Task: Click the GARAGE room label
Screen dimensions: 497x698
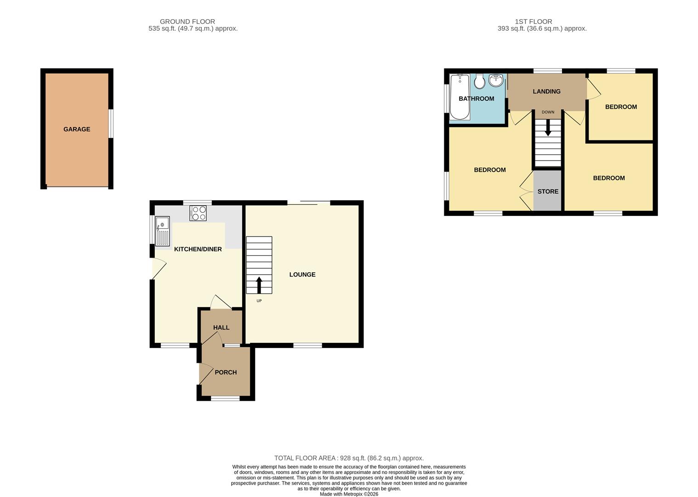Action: click(77, 129)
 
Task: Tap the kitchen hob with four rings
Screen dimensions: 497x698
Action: click(198, 213)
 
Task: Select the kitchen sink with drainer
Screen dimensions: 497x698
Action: click(163, 231)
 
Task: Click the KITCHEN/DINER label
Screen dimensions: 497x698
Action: click(198, 249)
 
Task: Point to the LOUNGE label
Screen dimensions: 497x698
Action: click(302, 275)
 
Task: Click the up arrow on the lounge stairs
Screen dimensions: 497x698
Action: click(259, 284)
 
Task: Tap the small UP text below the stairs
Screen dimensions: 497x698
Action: click(259, 301)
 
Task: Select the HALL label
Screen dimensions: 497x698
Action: click(221, 328)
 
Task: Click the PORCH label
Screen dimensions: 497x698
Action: click(226, 372)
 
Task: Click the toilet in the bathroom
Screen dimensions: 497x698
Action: click(479, 81)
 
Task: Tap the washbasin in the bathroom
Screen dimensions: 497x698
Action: click(496, 81)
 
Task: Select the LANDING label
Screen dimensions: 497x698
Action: click(546, 92)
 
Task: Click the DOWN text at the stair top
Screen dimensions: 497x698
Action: click(548, 112)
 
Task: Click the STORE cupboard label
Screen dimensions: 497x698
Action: click(548, 191)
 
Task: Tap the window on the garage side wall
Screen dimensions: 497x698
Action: click(111, 123)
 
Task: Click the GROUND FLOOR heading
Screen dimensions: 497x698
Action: click(187, 22)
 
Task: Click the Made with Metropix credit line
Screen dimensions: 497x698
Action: click(349, 494)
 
